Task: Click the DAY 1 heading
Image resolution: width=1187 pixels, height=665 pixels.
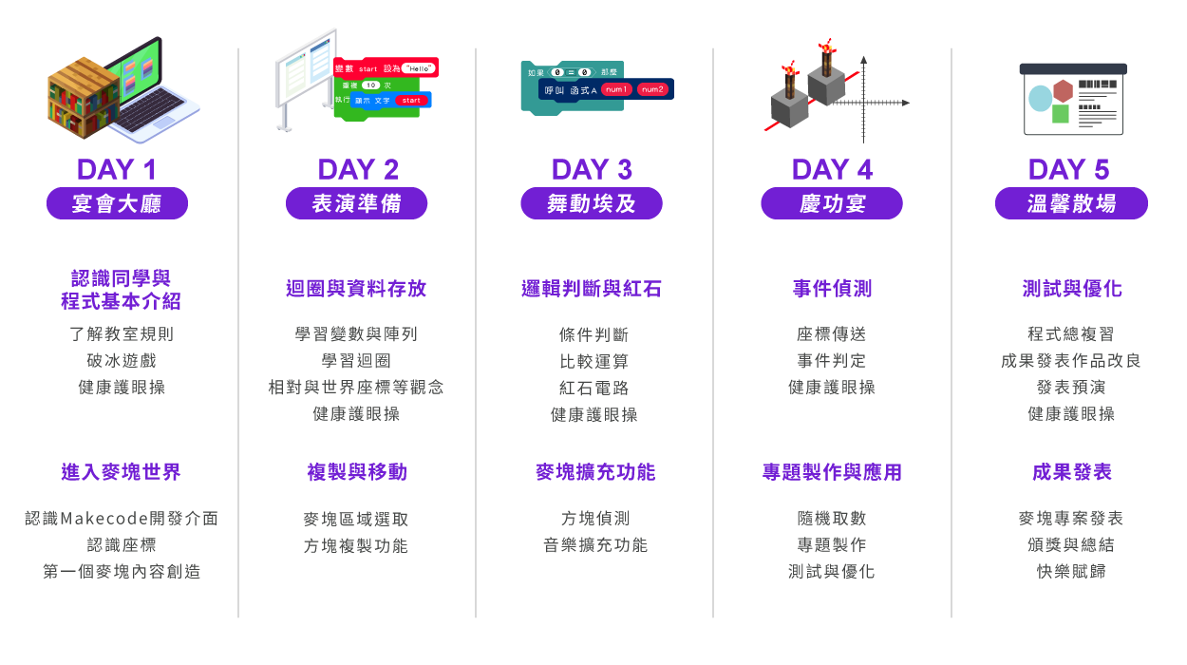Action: [117, 170]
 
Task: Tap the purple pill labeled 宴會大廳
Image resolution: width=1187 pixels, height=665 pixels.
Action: [117, 203]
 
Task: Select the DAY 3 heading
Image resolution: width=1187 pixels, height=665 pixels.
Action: [592, 170]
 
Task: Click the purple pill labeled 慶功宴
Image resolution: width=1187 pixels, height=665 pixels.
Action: [832, 203]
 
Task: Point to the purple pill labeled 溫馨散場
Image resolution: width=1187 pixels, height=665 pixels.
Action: [1071, 203]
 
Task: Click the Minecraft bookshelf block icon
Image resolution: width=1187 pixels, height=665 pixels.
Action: [84, 98]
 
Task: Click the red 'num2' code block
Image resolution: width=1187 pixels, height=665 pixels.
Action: [652, 89]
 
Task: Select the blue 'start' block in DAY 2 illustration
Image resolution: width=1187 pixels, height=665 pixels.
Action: [411, 100]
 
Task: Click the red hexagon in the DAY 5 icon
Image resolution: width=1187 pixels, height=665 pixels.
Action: [1063, 91]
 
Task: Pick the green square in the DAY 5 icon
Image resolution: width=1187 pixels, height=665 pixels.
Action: [1060, 114]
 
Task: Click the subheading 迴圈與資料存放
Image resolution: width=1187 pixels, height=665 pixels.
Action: [356, 289]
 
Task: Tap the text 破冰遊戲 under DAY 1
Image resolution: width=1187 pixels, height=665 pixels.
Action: [122, 361]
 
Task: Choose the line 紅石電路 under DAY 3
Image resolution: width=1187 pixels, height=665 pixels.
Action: [594, 388]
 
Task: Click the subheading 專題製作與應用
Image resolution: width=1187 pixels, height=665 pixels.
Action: [832, 472]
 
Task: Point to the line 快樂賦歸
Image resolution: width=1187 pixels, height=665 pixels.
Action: [1071, 571]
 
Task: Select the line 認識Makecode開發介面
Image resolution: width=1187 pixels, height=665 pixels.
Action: [122, 519]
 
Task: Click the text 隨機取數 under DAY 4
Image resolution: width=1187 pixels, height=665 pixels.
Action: [832, 519]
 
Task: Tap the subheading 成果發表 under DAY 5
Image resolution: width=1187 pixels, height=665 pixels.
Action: [1071, 472]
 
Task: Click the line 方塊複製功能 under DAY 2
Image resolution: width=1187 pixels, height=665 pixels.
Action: [356, 545]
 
